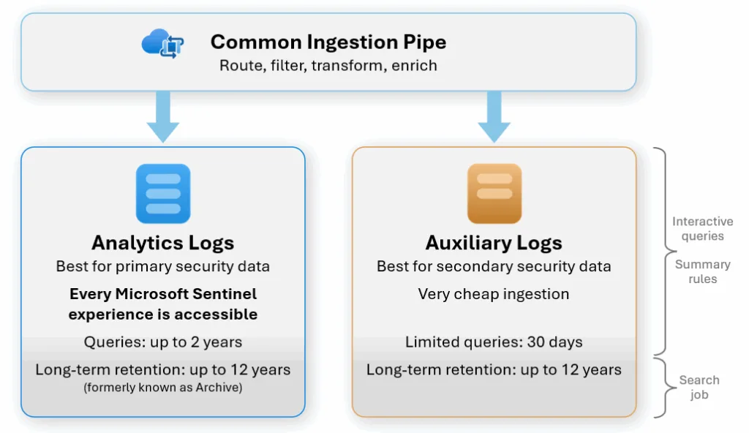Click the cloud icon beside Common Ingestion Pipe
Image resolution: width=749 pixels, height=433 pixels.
pyautogui.click(x=162, y=44)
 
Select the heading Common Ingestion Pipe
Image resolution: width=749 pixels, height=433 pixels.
pyautogui.click(x=328, y=42)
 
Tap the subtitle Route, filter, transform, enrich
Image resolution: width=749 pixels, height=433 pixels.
pyautogui.click(x=328, y=66)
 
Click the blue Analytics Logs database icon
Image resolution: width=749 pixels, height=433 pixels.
pyautogui.click(x=162, y=193)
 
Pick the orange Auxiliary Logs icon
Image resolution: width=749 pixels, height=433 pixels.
pyautogui.click(x=494, y=193)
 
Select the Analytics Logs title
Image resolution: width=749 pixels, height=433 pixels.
pyautogui.click(x=162, y=243)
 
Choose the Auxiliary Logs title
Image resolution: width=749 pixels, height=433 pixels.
pyautogui.click(x=494, y=243)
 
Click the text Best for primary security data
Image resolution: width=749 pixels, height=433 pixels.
pyautogui.click(x=162, y=266)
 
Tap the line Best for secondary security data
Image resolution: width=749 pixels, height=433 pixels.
pyautogui.click(x=494, y=266)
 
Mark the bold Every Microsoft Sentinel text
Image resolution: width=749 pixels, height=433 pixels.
pyautogui.click(x=162, y=294)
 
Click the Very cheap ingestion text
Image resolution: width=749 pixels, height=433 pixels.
pyautogui.click(x=494, y=294)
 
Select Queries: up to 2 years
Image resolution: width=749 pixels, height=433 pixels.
pyautogui.click(x=162, y=342)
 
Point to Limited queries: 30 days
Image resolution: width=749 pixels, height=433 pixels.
pyautogui.click(x=494, y=342)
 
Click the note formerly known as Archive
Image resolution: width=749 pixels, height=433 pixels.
pyautogui.click(x=162, y=388)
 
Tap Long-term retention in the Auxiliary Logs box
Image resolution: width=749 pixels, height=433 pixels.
pyautogui.click(x=494, y=370)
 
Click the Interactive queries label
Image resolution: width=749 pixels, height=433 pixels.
pyautogui.click(x=702, y=228)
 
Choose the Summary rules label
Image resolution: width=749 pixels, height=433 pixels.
pyautogui.click(x=702, y=271)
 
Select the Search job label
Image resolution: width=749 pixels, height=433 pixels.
pyautogui.click(x=699, y=387)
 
